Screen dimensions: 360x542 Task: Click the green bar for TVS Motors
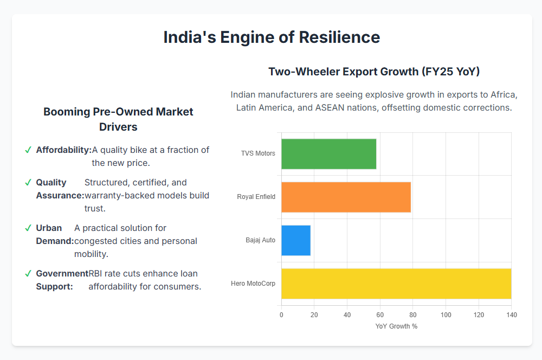pyautogui.click(x=328, y=154)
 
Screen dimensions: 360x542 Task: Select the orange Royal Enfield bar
pyautogui.click(x=346, y=197)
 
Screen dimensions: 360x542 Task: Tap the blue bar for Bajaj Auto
pyautogui.click(x=296, y=240)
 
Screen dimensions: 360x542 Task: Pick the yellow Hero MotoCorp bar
pyautogui.click(x=396, y=284)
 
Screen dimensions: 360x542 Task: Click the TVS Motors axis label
pyautogui.click(x=258, y=153)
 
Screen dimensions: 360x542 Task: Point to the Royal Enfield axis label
pyautogui.click(x=256, y=196)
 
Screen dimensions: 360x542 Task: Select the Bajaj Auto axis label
pyautogui.click(x=260, y=240)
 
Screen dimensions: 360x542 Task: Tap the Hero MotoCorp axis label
pyautogui.click(x=253, y=283)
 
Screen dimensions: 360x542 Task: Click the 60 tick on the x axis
pyautogui.click(x=380, y=315)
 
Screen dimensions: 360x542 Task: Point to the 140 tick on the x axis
pyautogui.click(x=512, y=315)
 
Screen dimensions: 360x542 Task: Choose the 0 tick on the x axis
pyautogui.click(x=281, y=315)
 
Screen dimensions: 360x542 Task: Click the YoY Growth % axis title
pyautogui.click(x=396, y=326)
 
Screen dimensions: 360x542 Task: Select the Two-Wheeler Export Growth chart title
pyautogui.click(x=374, y=72)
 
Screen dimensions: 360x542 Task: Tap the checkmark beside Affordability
pyautogui.click(x=28, y=150)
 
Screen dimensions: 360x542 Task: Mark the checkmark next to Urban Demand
pyautogui.click(x=28, y=228)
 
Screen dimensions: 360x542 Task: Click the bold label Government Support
pyautogui.click(x=62, y=280)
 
